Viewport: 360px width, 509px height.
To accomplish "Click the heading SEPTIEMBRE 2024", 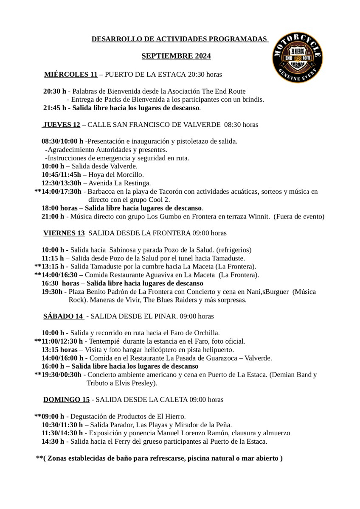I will click(x=176, y=56).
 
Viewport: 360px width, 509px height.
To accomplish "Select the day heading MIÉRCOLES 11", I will click(x=71, y=75).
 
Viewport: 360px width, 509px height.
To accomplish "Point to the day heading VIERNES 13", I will click(x=64, y=233).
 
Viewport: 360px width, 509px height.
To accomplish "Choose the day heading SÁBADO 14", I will click(x=63, y=316).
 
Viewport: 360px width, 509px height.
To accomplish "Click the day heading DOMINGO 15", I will click(x=67, y=399).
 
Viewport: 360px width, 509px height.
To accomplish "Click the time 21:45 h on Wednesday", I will click(x=55, y=108).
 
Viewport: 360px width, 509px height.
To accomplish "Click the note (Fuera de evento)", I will click(x=299, y=217).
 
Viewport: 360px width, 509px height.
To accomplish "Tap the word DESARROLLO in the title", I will click(x=113, y=39).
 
